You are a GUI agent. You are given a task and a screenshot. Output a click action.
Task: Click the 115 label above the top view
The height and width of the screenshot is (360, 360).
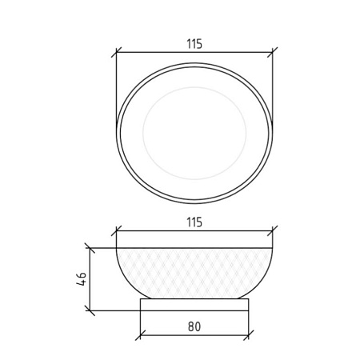194,44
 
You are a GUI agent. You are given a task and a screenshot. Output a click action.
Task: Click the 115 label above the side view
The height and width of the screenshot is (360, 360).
194,222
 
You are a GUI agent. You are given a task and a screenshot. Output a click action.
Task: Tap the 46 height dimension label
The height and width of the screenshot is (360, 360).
82,279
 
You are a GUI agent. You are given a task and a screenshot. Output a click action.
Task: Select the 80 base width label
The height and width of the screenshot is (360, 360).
194,326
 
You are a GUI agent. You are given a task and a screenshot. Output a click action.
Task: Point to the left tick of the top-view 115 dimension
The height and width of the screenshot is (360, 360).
117,52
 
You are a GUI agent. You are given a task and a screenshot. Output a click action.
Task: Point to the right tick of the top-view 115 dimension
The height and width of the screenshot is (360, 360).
273,52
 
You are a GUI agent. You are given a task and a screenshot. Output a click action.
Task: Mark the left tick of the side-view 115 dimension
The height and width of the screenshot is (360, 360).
117,231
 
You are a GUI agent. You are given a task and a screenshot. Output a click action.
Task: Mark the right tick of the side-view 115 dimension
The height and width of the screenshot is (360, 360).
273,231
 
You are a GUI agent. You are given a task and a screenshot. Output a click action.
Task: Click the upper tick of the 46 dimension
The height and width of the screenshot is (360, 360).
90,248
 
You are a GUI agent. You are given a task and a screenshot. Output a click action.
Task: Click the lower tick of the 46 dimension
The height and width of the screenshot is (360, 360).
90,310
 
